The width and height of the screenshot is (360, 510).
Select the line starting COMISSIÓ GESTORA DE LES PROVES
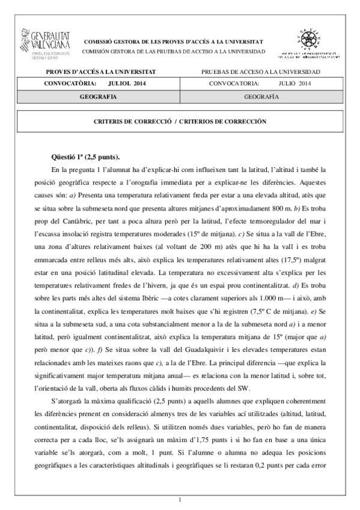pyautogui.click(x=172, y=41)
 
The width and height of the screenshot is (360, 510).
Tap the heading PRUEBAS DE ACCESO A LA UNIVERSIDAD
pyautogui.click(x=261, y=72)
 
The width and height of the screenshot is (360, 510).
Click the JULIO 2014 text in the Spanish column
pyautogui.click(x=295, y=83)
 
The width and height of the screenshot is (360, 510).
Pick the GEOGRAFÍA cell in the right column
pyautogui.click(x=261, y=96)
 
